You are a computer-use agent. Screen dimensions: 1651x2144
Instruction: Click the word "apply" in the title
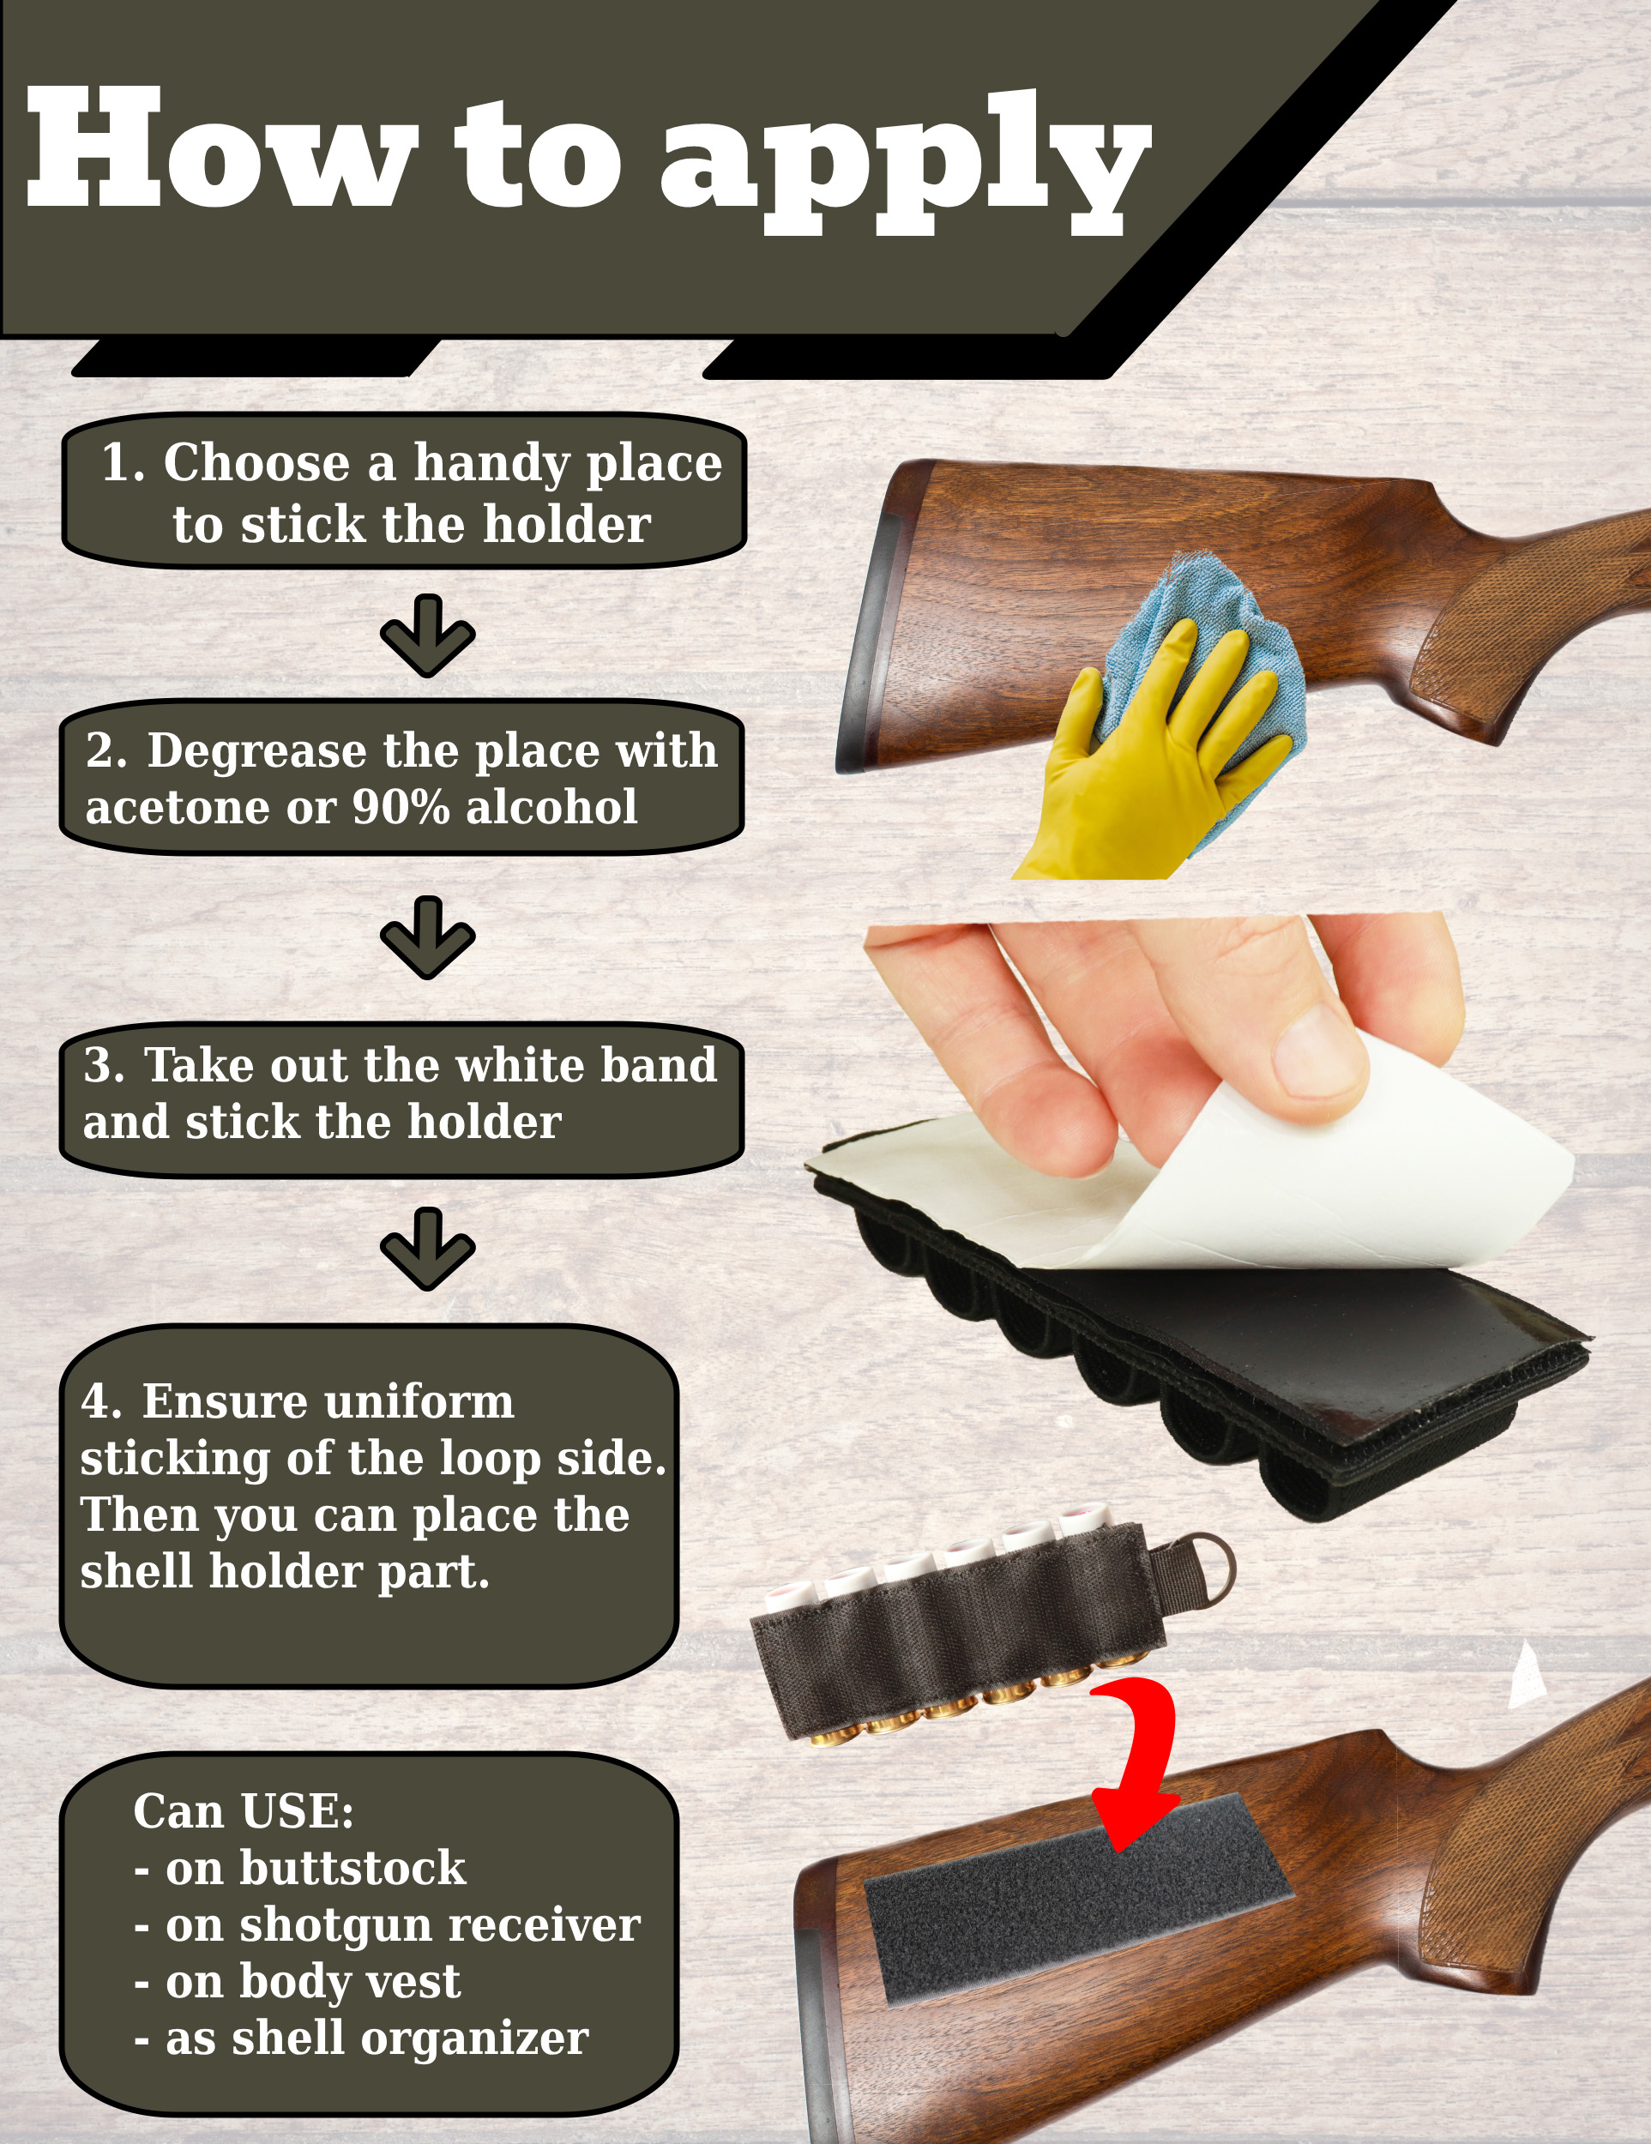tap(905, 163)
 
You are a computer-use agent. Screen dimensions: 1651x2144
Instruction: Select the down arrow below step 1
tap(428, 635)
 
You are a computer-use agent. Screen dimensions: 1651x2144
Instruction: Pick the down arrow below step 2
tap(428, 937)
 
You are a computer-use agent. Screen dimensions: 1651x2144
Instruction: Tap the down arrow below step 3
tap(428, 1249)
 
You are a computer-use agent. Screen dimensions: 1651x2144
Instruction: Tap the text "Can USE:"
tap(244, 1811)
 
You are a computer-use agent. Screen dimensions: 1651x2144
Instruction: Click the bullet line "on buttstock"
tap(300, 1867)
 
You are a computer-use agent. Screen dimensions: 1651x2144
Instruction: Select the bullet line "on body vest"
tap(298, 1981)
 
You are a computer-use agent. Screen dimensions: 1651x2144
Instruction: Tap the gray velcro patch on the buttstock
tap(1079, 1899)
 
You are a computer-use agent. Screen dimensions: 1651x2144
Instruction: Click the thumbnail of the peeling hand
tap(1320, 1056)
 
